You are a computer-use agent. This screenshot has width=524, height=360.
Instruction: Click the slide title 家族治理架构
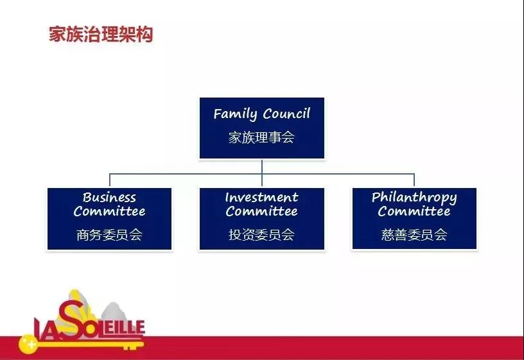click(101, 34)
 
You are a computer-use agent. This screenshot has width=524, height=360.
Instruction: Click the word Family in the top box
click(235, 114)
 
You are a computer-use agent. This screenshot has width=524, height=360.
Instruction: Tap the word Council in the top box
click(286, 114)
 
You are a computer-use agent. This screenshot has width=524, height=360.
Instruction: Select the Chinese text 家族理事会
click(261, 137)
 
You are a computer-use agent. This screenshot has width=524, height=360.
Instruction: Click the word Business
click(109, 198)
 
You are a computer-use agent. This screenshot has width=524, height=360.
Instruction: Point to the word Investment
click(261, 198)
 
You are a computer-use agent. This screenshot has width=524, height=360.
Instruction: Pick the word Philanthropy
click(414, 198)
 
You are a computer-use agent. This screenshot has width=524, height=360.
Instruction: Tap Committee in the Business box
click(110, 211)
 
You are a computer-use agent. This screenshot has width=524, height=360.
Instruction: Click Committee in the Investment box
click(261, 211)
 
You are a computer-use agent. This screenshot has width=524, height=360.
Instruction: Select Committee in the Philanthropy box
click(414, 211)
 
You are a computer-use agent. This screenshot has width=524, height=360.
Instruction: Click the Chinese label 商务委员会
click(109, 235)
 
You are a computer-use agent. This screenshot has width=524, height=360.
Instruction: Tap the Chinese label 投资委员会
click(261, 235)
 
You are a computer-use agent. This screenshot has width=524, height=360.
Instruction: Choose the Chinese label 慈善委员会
click(414, 235)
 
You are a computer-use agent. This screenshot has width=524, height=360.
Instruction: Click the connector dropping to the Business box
click(110, 180)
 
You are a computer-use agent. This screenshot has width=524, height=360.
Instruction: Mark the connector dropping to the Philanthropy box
click(414, 180)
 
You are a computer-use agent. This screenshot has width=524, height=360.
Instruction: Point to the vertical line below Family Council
click(262, 173)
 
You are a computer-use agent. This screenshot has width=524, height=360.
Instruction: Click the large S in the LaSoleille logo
click(71, 319)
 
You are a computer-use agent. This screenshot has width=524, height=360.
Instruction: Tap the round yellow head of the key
click(28, 344)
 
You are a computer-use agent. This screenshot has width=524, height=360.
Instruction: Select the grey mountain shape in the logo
click(114, 313)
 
